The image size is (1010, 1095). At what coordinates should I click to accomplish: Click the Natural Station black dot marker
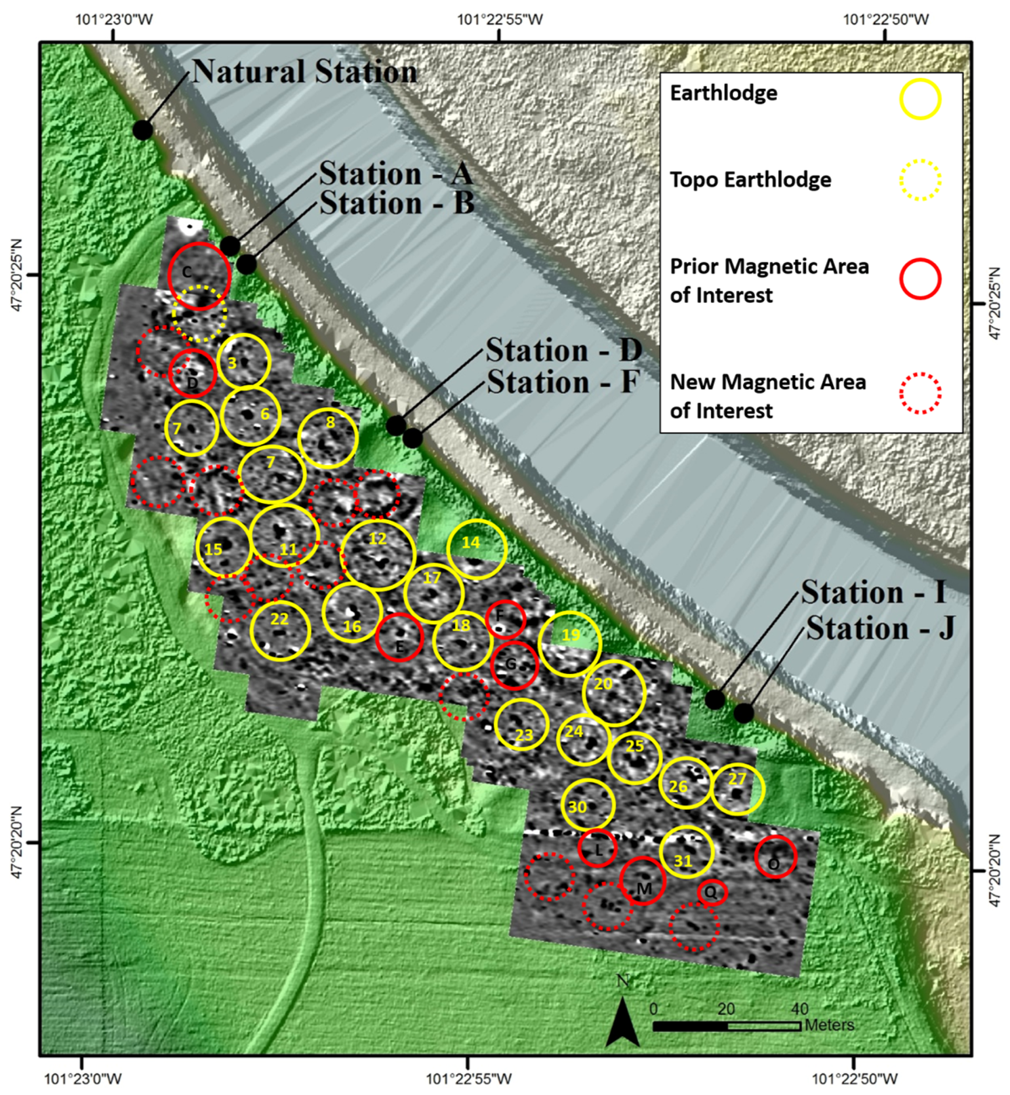click(143, 130)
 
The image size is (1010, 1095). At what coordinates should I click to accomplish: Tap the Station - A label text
click(396, 174)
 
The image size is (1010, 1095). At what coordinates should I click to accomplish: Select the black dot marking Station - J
click(743, 713)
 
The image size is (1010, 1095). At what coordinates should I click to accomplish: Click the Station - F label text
click(562, 381)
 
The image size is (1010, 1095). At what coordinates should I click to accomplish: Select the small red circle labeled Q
click(712, 892)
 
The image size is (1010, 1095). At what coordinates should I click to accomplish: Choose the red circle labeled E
click(399, 637)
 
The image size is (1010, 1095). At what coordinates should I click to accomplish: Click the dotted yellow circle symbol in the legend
click(921, 180)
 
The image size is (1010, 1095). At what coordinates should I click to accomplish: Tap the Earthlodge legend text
click(724, 94)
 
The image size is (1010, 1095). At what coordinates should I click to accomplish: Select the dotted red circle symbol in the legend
click(921, 393)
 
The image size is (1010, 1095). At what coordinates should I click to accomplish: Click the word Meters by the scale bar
click(829, 1025)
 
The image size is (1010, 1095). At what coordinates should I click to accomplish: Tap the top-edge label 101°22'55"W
click(500, 20)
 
